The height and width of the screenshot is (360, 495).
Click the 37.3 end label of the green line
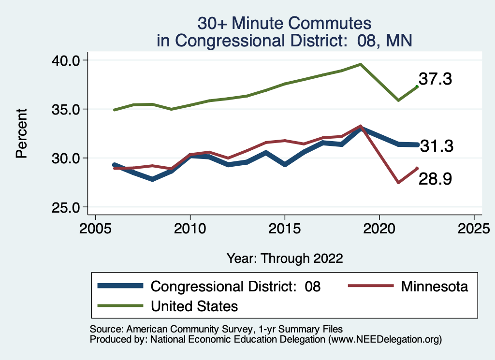tap(436, 79)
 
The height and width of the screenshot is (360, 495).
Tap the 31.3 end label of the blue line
tap(437, 145)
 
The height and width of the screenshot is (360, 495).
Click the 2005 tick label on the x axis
tap(95, 227)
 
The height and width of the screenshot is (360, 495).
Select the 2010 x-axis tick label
tap(190, 227)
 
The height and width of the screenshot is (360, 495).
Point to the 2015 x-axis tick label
tap(285, 227)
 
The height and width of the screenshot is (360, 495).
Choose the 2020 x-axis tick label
tap(379, 227)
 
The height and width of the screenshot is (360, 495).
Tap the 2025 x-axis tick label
tap(474, 227)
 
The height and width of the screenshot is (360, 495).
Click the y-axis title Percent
tap(21, 133)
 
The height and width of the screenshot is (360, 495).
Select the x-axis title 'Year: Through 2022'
tap(285, 258)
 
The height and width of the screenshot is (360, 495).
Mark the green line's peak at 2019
tap(361, 64)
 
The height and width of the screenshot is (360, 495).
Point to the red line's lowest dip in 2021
tap(398, 183)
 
